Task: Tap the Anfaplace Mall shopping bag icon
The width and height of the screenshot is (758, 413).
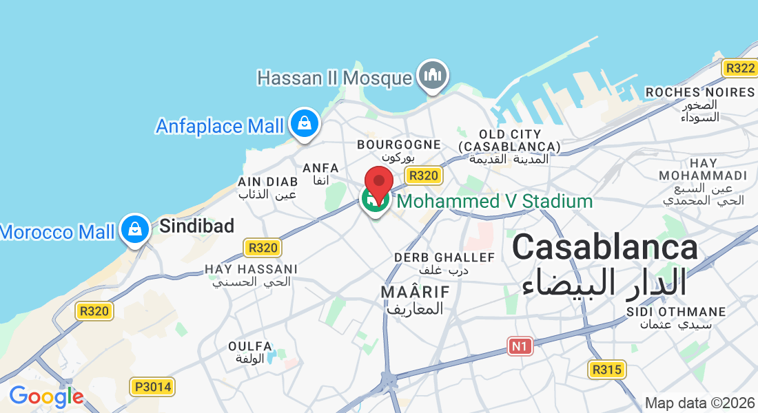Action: [303, 124]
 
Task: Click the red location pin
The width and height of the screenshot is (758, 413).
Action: [378, 184]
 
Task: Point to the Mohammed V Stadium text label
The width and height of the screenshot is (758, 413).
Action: [495, 202]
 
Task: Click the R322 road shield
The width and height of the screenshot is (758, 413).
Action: [740, 68]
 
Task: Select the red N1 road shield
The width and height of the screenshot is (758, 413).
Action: [521, 346]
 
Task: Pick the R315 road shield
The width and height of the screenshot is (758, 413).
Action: [607, 370]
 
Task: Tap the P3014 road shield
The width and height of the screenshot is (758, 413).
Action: [152, 387]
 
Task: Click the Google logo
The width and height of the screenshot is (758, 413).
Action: [46, 397]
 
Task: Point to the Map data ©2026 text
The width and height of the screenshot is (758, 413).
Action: [699, 403]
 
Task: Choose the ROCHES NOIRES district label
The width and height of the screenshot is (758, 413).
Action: [700, 92]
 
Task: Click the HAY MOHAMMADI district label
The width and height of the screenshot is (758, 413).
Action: [703, 169]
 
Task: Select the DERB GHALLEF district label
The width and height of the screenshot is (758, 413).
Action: [444, 257]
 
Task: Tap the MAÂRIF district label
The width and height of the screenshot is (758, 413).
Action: [415, 292]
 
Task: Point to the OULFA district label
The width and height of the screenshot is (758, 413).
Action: [249, 346]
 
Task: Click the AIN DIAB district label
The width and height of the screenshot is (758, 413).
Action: [267, 181]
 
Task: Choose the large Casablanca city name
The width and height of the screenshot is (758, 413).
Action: [604, 247]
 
